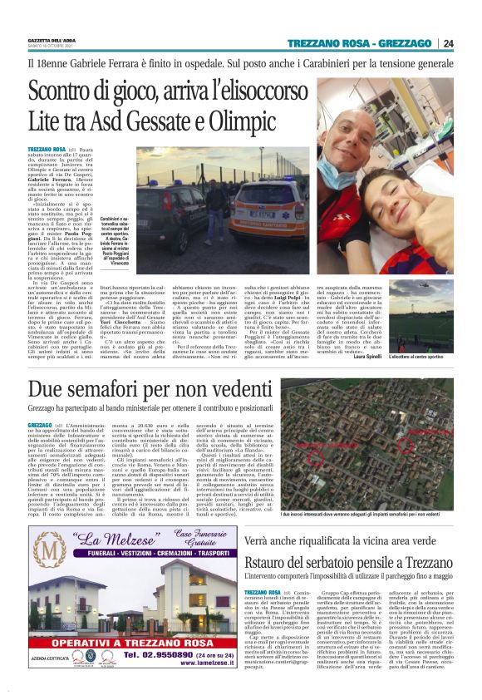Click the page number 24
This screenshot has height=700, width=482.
coord(448,44)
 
